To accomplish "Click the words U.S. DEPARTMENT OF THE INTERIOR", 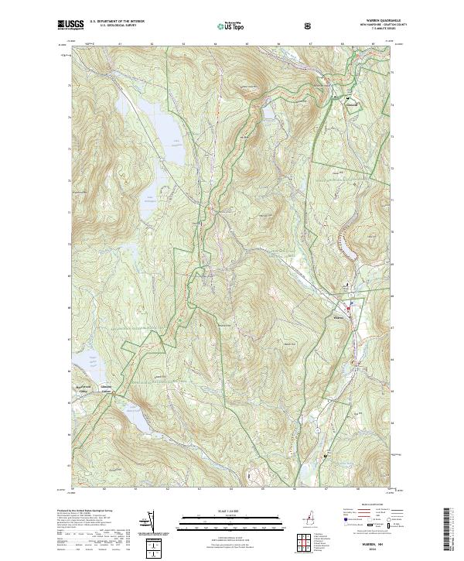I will coord(117,22).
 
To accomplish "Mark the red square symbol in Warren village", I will coord(348,310).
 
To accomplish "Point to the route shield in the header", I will coord(309,26).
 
